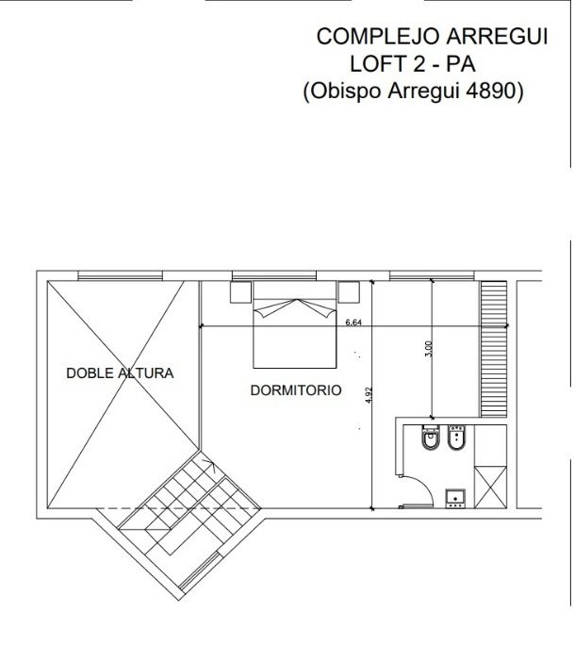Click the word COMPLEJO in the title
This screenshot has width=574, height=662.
[x=378, y=37]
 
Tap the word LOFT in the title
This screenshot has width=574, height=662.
[x=376, y=64]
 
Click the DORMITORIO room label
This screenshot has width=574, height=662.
[x=296, y=390]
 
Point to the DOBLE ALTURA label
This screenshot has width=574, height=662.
[x=121, y=373]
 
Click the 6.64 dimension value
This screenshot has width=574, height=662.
[x=353, y=323]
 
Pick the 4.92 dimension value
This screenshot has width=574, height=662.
[x=369, y=395]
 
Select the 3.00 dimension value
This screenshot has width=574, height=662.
[x=429, y=349]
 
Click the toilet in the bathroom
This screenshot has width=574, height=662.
[x=431, y=439]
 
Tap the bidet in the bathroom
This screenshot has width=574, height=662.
[x=456, y=438]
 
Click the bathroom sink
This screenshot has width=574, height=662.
[x=455, y=499]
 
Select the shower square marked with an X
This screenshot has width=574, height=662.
[x=490, y=487]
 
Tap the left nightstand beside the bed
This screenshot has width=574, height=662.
[x=241, y=292]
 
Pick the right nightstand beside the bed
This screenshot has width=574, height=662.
[x=349, y=292]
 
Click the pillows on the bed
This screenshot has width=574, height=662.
[x=295, y=308]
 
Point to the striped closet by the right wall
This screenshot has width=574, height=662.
[x=494, y=349]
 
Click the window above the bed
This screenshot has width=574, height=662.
[x=274, y=275]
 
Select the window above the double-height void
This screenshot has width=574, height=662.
[x=121, y=275]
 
